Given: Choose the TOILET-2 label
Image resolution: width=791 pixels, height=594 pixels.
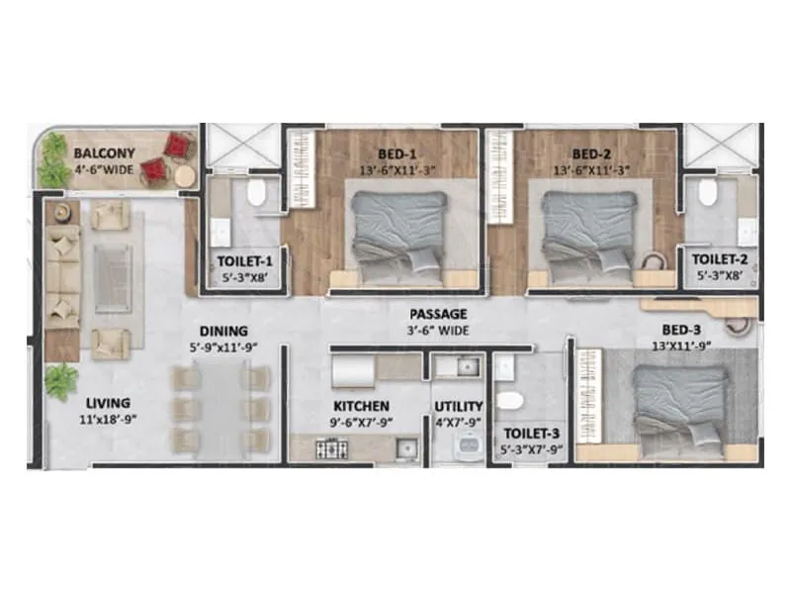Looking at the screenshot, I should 719,261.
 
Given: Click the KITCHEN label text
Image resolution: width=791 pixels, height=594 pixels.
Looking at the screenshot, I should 361,406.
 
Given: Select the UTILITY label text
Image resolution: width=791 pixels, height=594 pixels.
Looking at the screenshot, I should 459,406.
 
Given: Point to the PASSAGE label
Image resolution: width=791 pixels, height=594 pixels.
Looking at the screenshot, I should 439,315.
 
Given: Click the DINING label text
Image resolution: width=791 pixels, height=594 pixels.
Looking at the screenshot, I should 222,332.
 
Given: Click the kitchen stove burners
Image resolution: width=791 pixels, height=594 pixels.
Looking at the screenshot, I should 329,449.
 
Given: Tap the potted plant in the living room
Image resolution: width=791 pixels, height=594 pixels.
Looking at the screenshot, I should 61,377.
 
